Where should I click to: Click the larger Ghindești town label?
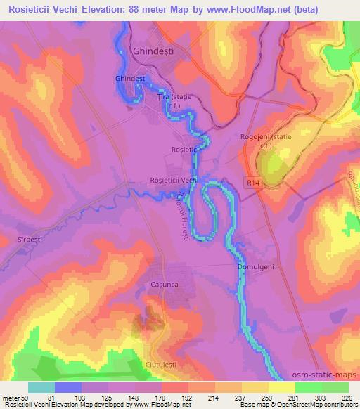pos(153,51)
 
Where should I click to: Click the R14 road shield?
pos(254,182)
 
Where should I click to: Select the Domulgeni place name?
pos(255,267)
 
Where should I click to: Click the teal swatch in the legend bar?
pos(41,387)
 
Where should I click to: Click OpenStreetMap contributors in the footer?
pos(319,405)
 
